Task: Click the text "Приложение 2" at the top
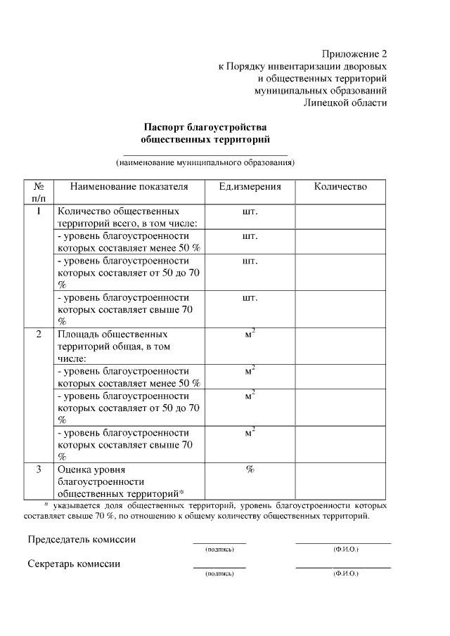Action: coord(354,54)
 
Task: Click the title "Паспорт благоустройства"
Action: coord(205,127)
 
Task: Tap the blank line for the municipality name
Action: coord(205,153)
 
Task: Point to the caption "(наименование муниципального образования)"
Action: coord(205,163)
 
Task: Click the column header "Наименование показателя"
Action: coord(129,187)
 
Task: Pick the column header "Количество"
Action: coord(340,187)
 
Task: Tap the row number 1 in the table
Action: coord(39,211)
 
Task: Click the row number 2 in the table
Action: coord(39,334)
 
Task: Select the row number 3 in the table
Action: coord(39,469)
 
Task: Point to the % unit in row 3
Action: coord(250,469)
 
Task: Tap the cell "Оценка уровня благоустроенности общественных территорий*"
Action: coord(120,481)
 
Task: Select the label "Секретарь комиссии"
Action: coord(74,564)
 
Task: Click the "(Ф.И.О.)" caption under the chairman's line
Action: coord(345,549)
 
